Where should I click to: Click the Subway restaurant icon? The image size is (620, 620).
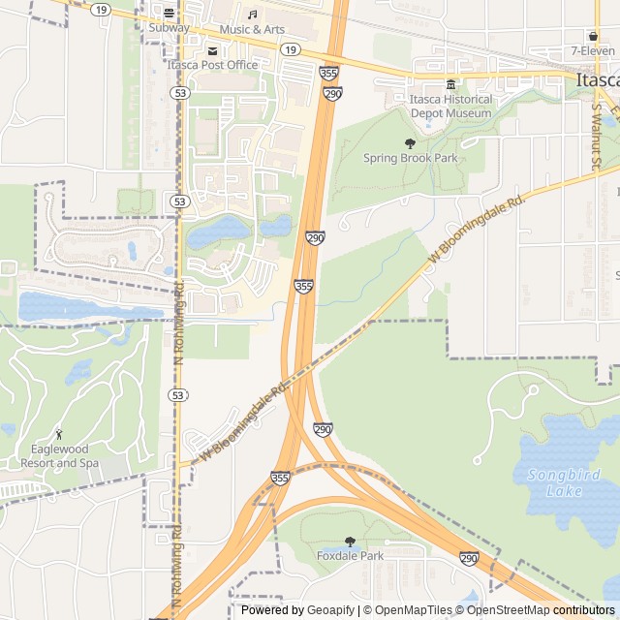click(x=170, y=14)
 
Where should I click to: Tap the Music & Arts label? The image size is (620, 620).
click(x=252, y=29)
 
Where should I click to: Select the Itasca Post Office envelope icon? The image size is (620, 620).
click(x=213, y=50)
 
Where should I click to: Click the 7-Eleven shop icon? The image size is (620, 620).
click(x=593, y=35)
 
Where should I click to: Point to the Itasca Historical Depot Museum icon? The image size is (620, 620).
click(x=449, y=85)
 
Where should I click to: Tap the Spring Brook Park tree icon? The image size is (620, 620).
click(x=410, y=143)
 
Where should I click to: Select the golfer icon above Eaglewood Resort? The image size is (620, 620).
click(x=60, y=433)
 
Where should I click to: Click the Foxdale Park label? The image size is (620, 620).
click(x=350, y=556)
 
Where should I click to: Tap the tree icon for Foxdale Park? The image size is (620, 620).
click(x=350, y=542)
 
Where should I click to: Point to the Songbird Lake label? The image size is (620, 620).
click(x=556, y=482)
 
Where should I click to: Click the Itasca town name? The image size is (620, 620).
click(x=595, y=80)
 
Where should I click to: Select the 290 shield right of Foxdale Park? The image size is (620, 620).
click(x=469, y=559)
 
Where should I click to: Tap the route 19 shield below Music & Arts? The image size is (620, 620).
click(x=290, y=48)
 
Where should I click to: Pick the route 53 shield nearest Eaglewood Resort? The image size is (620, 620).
click(x=177, y=395)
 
